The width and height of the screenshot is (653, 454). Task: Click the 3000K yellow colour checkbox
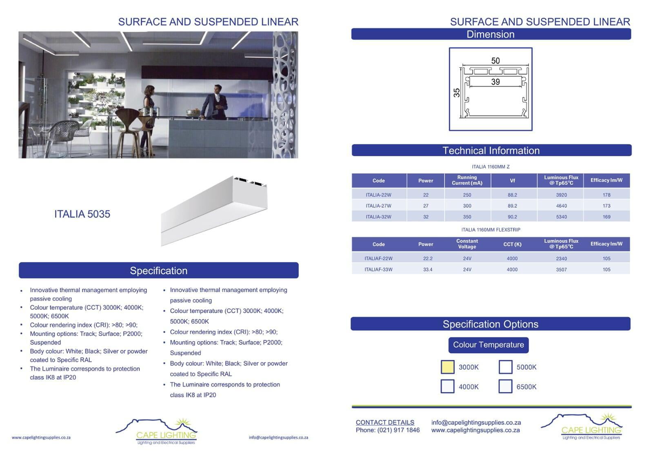point(447,367)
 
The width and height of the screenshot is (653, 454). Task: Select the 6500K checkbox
point(505,386)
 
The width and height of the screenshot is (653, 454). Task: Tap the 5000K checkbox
point(506,367)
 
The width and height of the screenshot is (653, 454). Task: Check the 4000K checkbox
point(447,386)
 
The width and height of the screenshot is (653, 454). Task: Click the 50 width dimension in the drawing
point(495,61)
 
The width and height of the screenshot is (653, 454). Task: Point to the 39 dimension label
point(495,82)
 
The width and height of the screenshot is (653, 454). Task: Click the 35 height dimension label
point(457,93)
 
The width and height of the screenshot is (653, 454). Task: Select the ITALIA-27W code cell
point(378,206)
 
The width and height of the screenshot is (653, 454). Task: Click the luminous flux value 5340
point(561,217)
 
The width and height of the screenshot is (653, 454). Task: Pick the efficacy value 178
point(606,195)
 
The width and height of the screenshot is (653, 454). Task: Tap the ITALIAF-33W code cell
point(378,270)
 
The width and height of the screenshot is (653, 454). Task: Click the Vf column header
point(512,181)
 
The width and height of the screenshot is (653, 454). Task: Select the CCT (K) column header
point(512,244)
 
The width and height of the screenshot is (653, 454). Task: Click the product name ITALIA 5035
point(82,214)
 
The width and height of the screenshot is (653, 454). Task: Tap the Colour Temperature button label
point(488,345)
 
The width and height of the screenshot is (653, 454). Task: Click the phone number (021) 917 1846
point(398,430)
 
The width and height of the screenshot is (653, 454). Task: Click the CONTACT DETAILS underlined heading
point(385,423)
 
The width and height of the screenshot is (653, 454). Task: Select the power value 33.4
point(428,270)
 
